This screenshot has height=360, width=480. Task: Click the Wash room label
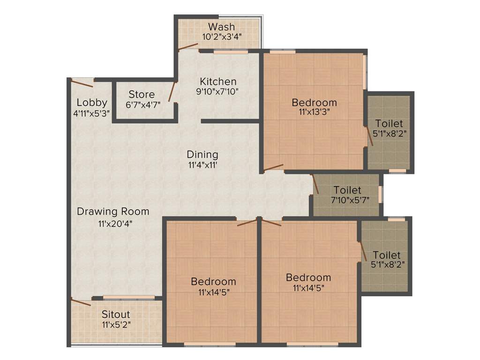coord(221,26)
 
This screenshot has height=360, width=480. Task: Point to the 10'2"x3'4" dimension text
coord(221,37)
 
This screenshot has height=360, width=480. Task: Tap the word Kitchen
coord(217,82)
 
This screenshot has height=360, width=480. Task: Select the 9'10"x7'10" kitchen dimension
coord(217,92)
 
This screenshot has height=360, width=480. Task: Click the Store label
coord(142,94)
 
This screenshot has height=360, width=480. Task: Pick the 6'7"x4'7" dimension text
coord(142,105)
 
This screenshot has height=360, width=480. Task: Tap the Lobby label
coord(92,102)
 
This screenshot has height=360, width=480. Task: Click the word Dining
coord(202,154)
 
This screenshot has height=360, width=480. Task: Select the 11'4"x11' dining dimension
coord(202,165)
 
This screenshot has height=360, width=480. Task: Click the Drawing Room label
coord(113,211)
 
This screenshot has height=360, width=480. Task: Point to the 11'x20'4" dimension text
coord(113,223)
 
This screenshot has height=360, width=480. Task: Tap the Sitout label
coord(116,314)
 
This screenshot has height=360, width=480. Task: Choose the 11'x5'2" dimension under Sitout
coord(116,324)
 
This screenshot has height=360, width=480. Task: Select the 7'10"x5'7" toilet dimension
coord(347,200)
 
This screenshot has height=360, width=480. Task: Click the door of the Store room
coord(172,92)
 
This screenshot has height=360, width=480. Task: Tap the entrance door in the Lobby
coord(82,83)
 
